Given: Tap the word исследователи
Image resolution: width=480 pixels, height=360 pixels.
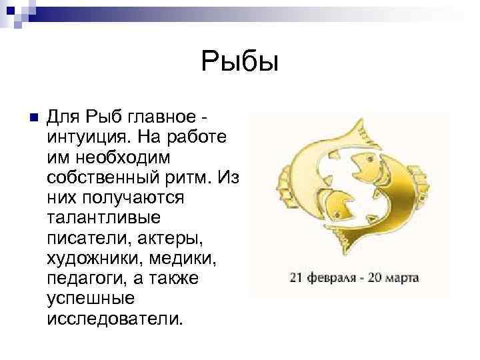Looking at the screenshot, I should [113, 317].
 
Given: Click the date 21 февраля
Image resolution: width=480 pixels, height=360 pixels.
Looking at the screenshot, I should [317, 276].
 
